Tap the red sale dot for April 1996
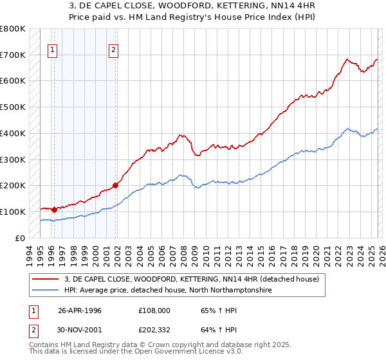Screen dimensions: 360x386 (54, 210)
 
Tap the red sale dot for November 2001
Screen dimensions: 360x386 (116, 185)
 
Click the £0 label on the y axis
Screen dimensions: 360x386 (19, 238)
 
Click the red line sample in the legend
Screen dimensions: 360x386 (46, 279)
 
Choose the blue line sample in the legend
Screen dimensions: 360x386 (46, 291)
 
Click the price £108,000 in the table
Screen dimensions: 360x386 (154, 310)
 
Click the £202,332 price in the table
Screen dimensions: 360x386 (154, 331)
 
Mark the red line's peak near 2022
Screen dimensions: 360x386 (347, 60)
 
